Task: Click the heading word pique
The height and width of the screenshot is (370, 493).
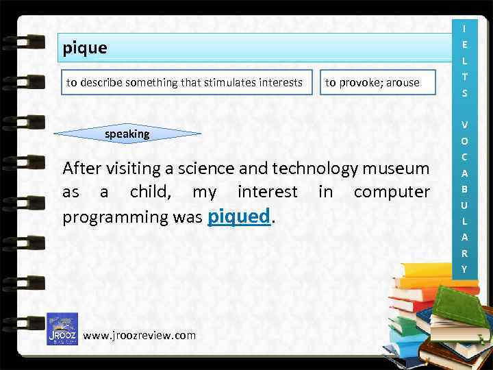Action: [85, 49]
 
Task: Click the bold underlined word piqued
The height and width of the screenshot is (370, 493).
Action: [239, 217]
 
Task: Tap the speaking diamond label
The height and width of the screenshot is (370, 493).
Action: [127, 134]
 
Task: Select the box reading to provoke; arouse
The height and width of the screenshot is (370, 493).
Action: [372, 83]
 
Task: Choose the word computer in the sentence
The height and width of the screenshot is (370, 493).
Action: [392, 192]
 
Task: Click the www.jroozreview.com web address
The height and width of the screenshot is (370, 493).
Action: [139, 335]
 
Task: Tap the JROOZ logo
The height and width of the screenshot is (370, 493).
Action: [62, 329]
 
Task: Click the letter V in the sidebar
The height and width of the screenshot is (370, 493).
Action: [464, 125]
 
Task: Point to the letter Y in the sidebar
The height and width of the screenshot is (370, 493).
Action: [464, 269]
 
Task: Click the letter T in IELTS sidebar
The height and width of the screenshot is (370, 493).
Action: [464, 76]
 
